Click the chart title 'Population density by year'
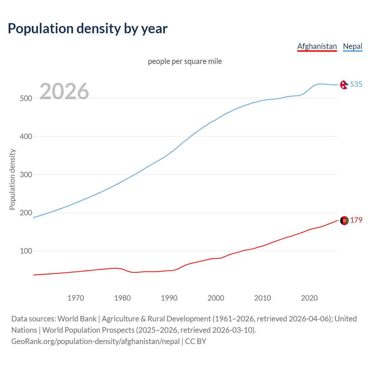pyautogui.click(x=88, y=28)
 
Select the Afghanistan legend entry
pyautogui.click(x=317, y=46)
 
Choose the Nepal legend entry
pyautogui.click(x=352, y=46)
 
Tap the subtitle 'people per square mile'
pyautogui.click(x=185, y=61)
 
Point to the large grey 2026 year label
pyautogui.click(x=64, y=91)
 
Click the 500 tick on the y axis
pyautogui.click(x=26, y=98)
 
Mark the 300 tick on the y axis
pyautogui.click(x=26, y=175)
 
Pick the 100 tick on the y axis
pyautogui.click(x=26, y=251)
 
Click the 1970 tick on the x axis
pyautogui.click(x=76, y=298)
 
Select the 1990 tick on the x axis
pyautogui.click(x=169, y=298)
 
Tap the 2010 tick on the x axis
pyautogui.click(x=262, y=298)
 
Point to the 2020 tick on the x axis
pyautogui.click(x=309, y=298)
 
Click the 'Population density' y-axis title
pyautogui.click(x=12, y=179)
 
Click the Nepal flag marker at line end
pyautogui.click(x=344, y=85)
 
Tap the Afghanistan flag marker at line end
pyautogui.click(x=344, y=221)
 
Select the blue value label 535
pyautogui.click(x=356, y=84)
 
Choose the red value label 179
pyautogui.click(x=356, y=220)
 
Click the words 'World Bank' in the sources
pyautogui.click(x=77, y=319)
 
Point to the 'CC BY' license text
pyautogui.click(x=196, y=341)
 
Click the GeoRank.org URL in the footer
pyautogui.click(x=95, y=341)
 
